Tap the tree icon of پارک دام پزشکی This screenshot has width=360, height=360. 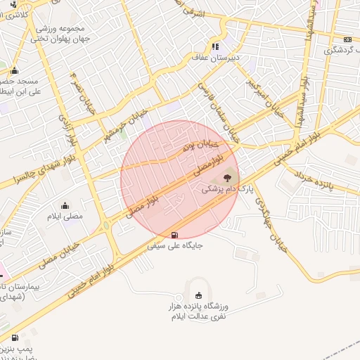pos(226,177)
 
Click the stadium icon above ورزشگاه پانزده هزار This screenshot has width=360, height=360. pos(198,295)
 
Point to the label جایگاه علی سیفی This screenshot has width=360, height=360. pos(175,247)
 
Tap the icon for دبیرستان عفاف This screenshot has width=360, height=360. pos(216,46)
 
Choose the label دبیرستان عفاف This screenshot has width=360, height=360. pos(216,58)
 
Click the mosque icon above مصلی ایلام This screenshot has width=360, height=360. pos(65,205)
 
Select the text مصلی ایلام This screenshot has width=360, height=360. pos(65,216)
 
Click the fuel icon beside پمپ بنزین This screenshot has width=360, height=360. pos(15,338)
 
